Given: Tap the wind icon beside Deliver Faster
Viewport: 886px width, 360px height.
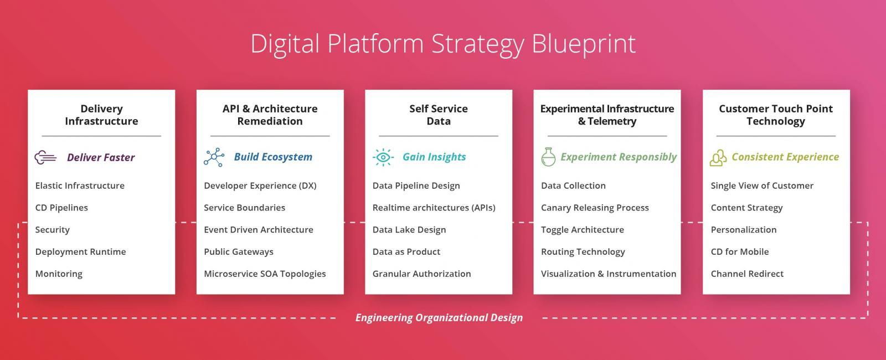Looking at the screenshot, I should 45,158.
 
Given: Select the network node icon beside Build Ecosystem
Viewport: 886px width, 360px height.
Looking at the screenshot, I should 214,157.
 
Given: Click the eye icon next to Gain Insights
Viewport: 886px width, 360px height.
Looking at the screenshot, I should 383,157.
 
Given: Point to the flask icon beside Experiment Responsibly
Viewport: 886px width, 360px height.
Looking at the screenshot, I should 548,157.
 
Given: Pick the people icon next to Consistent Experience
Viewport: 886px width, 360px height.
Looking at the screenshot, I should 718,158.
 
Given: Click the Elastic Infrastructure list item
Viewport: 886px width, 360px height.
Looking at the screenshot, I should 80,186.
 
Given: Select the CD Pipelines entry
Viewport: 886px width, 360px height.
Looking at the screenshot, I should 61,208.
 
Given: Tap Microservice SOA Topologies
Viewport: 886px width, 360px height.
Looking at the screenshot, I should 265,274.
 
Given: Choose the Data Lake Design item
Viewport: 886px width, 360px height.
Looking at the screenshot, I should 409,230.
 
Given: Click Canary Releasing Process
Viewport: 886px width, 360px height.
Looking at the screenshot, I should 595,208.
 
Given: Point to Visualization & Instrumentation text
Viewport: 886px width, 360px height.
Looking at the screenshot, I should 608,274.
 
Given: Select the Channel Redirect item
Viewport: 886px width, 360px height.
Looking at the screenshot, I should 747,274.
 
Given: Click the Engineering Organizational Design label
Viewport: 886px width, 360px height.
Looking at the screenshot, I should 439,318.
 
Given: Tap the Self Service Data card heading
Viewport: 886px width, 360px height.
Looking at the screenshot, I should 439,115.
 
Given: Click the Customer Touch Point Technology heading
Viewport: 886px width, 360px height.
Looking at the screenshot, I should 775,115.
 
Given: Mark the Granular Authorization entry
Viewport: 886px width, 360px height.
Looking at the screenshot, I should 421,274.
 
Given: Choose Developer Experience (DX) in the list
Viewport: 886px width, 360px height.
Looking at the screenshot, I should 260,186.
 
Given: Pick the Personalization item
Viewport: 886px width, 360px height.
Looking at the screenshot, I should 743,230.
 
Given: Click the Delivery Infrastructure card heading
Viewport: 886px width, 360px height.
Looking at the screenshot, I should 101,115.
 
